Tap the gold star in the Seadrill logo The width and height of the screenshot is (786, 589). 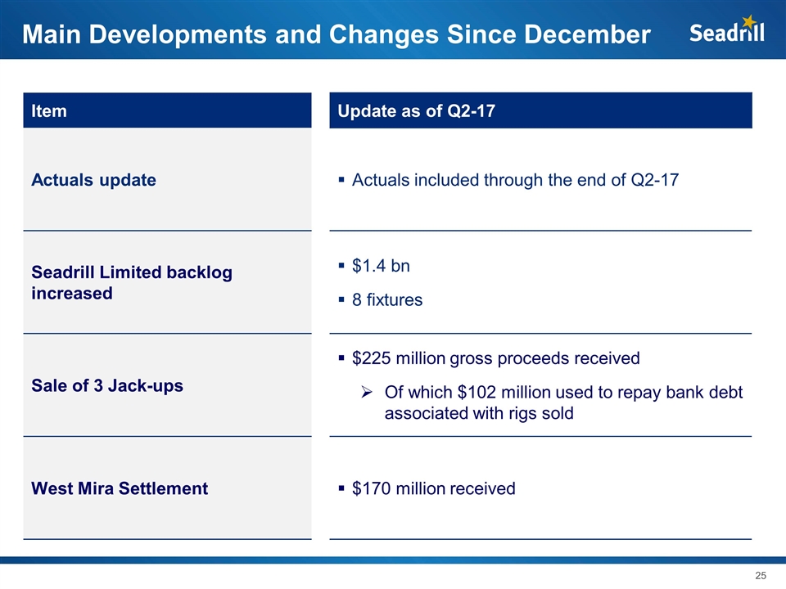click(748, 22)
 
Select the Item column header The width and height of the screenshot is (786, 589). click(49, 110)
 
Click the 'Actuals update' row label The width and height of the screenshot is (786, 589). click(93, 180)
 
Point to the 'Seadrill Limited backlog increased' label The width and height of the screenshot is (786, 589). click(131, 282)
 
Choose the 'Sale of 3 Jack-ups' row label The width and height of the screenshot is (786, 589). click(106, 385)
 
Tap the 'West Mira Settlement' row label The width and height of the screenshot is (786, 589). click(120, 488)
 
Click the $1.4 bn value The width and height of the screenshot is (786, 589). click(381, 266)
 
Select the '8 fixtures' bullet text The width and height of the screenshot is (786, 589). click(387, 300)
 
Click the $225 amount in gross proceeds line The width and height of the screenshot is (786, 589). click(369, 358)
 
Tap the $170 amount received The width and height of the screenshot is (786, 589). click(369, 488)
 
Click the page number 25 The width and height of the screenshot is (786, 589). click(760, 576)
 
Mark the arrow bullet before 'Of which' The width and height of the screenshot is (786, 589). click(368, 393)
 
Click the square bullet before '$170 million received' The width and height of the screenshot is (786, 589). click(341, 489)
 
